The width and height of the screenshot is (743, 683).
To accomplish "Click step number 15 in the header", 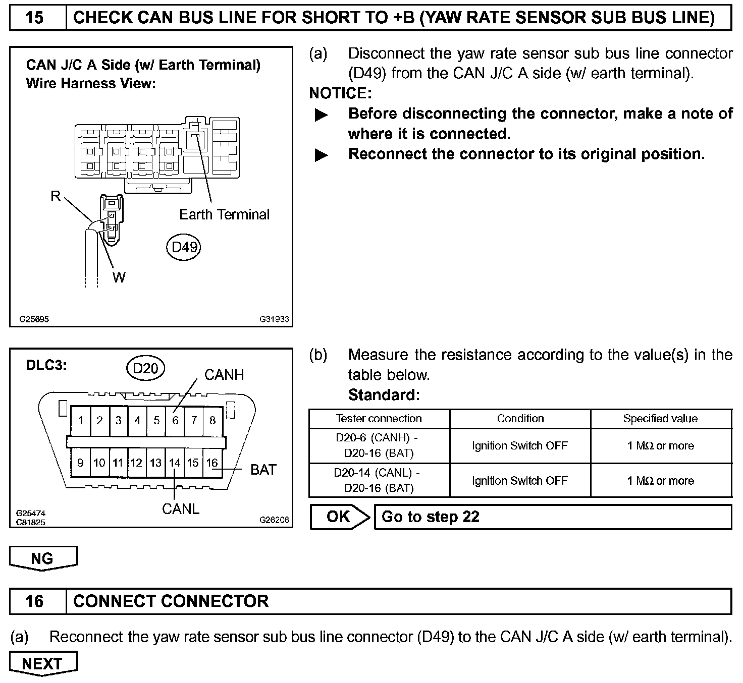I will (34, 18).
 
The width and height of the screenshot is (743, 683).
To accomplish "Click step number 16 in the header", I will (34, 601).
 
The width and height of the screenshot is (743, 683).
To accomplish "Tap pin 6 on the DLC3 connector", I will (175, 420).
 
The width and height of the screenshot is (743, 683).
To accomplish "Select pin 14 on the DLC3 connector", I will (174, 463).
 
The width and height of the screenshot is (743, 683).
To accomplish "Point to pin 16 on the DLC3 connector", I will (212, 463).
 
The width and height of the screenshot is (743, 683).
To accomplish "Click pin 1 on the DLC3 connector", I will (81, 420).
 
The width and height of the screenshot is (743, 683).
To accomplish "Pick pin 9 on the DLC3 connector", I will (80, 463).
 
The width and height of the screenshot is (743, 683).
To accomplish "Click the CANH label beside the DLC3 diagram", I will (224, 375).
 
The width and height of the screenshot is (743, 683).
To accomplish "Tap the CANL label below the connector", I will (181, 509).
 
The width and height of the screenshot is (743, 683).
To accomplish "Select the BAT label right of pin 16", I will (263, 470).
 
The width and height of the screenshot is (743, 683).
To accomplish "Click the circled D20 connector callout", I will (145, 369).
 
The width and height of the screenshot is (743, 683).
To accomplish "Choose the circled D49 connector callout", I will (184, 247).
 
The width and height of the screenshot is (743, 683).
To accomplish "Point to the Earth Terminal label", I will (224, 214).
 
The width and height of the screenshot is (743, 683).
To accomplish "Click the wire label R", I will (56, 196).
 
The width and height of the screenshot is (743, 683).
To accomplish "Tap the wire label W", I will (119, 277).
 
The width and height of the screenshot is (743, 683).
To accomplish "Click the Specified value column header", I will (660, 419).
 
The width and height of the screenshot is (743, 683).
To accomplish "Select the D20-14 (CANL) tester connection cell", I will (379, 481).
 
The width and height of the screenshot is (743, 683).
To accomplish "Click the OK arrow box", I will (339, 517).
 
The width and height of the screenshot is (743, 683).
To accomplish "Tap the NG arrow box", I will (43, 558).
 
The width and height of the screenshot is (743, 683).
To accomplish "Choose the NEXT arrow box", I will (43, 664).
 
